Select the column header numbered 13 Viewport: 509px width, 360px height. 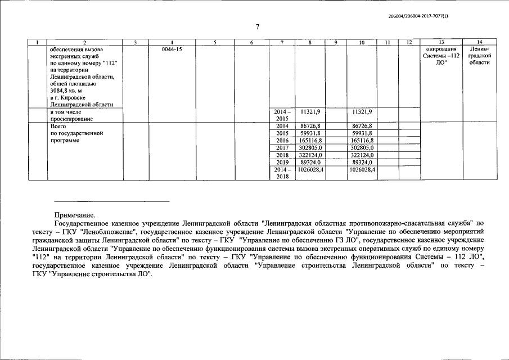coord(440,43)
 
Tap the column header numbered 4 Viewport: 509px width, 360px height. coord(171,43)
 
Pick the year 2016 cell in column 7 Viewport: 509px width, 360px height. coord(282,141)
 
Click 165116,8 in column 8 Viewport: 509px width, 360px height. coord(310,141)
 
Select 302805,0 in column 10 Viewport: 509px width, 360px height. coord(362,148)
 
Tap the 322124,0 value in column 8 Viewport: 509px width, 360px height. coord(310,155)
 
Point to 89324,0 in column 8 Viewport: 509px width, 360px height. coord(310,162)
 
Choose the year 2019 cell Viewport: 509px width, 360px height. coord(282,162)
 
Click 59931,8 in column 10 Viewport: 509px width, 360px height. coord(362,133)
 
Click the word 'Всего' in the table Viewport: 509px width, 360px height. coord(58,127)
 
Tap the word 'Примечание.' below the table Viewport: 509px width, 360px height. coord(74,214)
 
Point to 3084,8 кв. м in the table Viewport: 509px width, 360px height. coord(69,90)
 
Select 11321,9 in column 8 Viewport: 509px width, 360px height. coord(310,112)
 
